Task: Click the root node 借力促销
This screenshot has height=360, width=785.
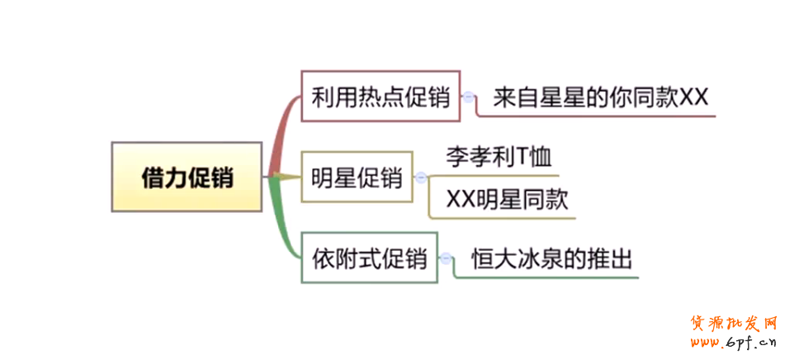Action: [x=187, y=177]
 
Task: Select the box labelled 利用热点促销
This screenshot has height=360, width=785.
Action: [x=380, y=97]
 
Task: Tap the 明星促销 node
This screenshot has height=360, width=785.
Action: [x=357, y=177]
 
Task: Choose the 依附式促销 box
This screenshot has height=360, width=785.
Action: [x=369, y=258]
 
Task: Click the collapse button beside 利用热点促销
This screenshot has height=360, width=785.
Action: [x=469, y=97]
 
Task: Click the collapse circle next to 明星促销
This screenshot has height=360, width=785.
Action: [x=421, y=177]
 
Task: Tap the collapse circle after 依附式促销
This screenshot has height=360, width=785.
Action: [x=446, y=258]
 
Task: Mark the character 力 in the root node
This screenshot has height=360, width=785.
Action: [x=176, y=177]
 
